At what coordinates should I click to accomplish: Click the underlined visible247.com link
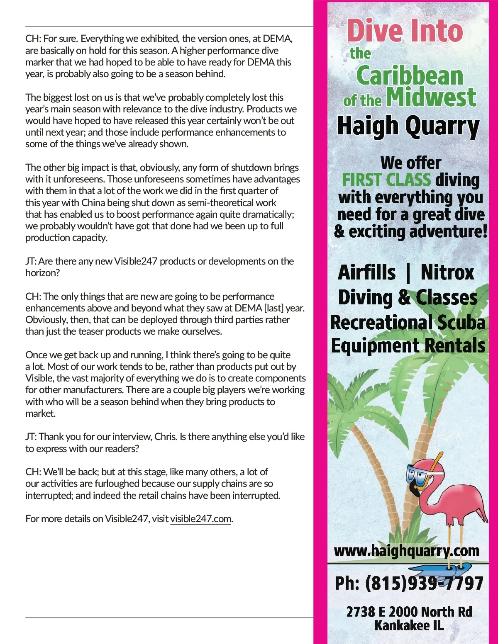click(200, 519)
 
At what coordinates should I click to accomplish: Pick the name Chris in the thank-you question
click(165, 437)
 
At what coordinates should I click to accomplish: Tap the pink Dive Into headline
click(405, 31)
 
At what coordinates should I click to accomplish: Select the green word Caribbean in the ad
click(409, 76)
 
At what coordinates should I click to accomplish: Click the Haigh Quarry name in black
click(408, 126)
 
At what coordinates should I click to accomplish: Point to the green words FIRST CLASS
click(386, 180)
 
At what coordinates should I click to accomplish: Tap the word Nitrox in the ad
click(447, 273)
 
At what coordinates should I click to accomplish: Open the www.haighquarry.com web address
click(406, 551)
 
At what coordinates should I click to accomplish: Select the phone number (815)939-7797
click(424, 583)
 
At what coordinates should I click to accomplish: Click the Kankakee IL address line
click(409, 625)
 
